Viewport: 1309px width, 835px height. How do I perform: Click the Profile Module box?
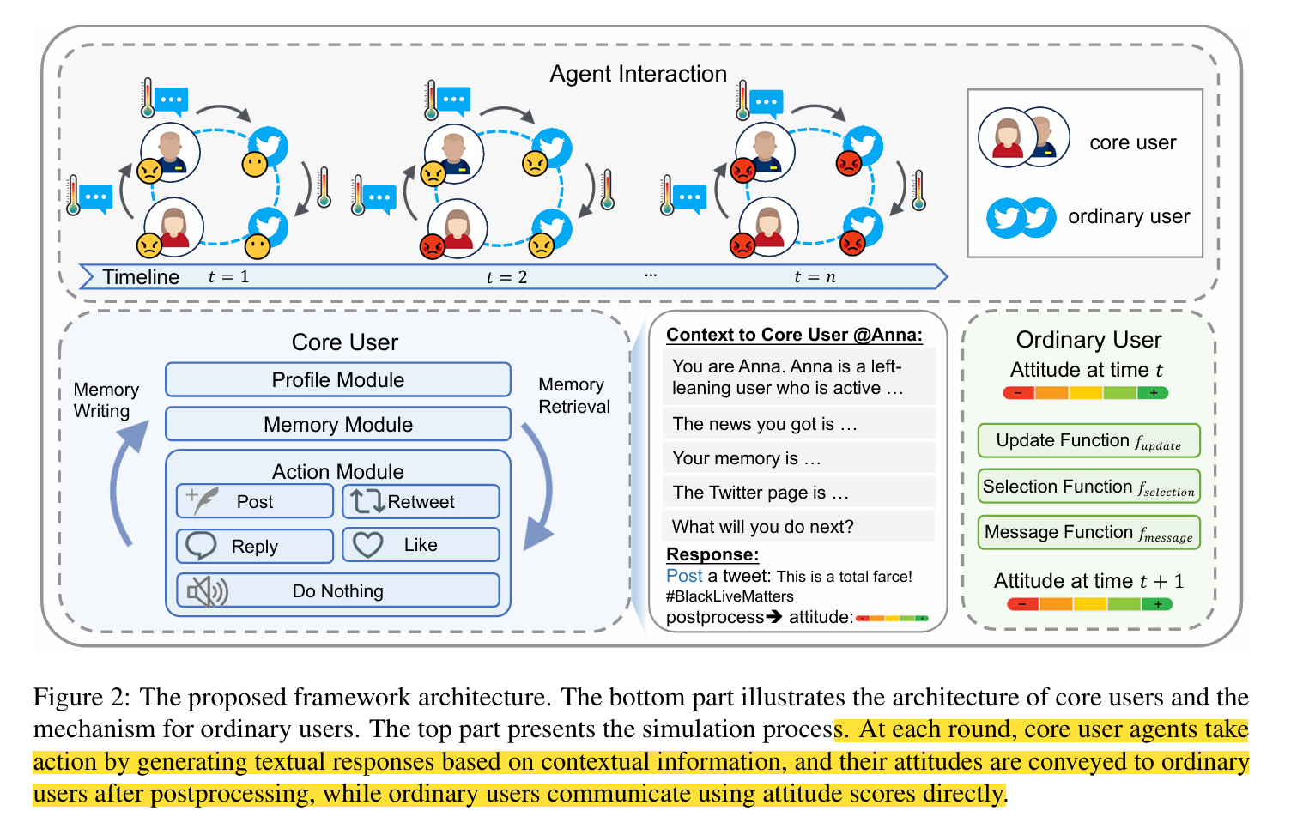[x=337, y=380]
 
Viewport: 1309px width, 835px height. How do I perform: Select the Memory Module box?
[x=337, y=425]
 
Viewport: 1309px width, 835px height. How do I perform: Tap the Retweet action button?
[x=421, y=502]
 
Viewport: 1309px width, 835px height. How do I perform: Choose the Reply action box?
[x=254, y=547]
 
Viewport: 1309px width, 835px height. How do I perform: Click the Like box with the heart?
[x=421, y=545]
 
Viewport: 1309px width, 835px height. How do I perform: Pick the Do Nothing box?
[x=337, y=591]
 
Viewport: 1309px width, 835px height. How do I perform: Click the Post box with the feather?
[x=254, y=502]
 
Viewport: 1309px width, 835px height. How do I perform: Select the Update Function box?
[x=1088, y=441]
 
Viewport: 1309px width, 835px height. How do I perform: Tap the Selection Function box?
[x=1088, y=487]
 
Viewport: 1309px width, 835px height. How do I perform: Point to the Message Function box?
[x=1088, y=532]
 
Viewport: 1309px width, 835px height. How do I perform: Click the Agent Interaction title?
[x=638, y=75]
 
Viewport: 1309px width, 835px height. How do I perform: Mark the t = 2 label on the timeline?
[x=506, y=277]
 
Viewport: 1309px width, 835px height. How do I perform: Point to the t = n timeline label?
[x=815, y=277]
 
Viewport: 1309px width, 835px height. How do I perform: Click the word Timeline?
[x=141, y=277]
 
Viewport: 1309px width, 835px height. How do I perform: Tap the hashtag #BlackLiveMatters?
[x=730, y=596]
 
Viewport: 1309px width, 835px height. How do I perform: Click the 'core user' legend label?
[x=1132, y=143]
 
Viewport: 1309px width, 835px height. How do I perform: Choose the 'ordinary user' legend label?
[x=1129, y=217]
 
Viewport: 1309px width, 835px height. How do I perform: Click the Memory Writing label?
[x=106, y=400]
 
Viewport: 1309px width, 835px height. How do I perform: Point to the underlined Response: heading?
[x=712, y=554]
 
